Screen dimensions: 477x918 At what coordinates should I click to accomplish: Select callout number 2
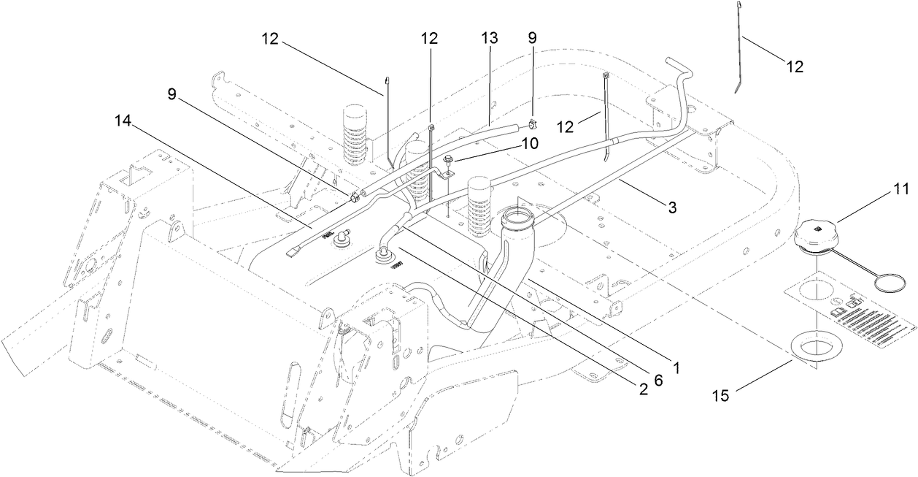pyautogui.click(x=643, y=390)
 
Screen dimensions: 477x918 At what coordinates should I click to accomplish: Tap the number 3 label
pyautogui.click(x=672, y=207)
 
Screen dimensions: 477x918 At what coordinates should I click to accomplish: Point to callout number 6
pyautogui.click(x=658, y=380)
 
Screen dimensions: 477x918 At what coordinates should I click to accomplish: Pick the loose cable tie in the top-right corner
pyautogui.click(x=741, y=47)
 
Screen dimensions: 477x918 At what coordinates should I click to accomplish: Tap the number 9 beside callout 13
pyautogui.click(x=531, y=38)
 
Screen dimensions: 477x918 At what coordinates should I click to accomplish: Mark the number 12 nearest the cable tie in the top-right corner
pyautogui.click(x=794, y=66)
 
